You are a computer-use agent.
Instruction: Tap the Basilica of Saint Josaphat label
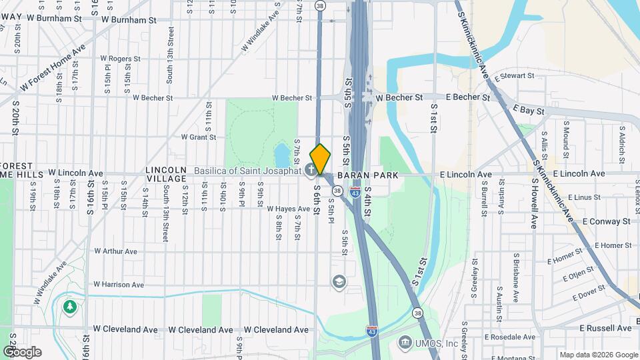pos(247,171)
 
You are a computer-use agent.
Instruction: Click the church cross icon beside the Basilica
pos(311,171)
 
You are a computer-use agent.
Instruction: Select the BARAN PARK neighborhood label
pos(367,175)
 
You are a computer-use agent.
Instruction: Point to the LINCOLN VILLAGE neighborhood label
pos(166,175)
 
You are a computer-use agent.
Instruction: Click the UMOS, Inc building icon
pos(405,343)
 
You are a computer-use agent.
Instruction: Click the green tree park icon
pos(69,307)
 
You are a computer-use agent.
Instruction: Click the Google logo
pos(22,352)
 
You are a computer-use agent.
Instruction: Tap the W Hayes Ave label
pos(289,209)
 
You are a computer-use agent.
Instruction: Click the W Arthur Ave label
pos(115,251)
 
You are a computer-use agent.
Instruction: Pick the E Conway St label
pos(605,221)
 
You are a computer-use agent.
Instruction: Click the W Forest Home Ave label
pos(53,69)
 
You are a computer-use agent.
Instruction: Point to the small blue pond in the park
pos(281,155)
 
